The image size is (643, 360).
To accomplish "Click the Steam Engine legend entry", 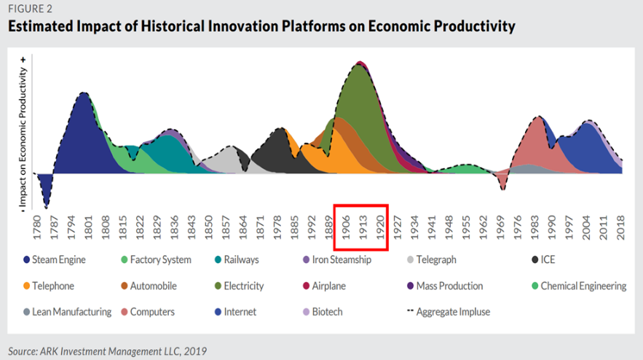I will (59, 260).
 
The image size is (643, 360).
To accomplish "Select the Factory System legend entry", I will (160, 260).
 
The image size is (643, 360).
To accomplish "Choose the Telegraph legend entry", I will (435, 260).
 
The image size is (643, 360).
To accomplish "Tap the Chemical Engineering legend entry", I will (583, 286).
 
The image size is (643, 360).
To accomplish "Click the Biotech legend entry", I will (327, 312).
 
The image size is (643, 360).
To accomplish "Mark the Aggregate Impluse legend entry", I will (452, 312).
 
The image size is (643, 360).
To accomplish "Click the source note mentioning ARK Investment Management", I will (108, 351).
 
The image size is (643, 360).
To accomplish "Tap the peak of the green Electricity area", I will (360, 65).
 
